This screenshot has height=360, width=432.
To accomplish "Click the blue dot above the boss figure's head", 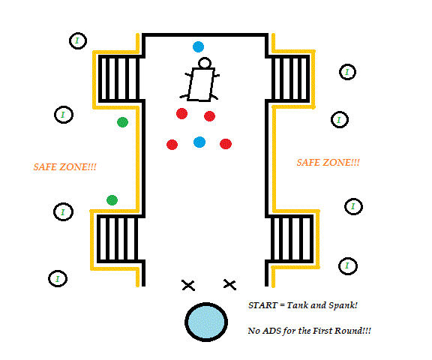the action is click(x=198, y=46).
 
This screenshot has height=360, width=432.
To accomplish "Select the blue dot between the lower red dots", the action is click(x=199, y=142).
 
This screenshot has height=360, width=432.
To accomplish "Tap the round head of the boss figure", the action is click(x=205, y=63).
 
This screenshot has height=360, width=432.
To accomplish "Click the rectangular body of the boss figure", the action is click(x=202, y=85).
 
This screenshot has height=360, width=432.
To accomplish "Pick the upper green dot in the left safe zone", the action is click(x=122, y=122).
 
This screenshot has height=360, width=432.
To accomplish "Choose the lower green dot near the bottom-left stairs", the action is click(x=112, y=200).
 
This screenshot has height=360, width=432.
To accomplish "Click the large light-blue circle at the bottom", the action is click(x=206, y=322).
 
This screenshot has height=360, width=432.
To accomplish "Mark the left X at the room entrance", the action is click(x=188, y=285).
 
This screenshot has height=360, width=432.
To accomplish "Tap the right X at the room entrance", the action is click(x=229, y=284).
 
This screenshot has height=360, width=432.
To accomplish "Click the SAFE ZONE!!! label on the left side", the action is click(x=65, y=167).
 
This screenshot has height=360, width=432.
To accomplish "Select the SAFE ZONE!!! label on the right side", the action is click(x=328, y=163).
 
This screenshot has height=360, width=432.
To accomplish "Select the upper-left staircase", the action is click(x=119, y=79).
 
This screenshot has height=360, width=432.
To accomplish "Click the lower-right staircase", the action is click(x=292, y=238).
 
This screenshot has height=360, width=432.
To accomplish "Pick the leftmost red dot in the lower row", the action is click(x=172, y=145).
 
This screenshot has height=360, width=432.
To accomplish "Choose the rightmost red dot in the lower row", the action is click(x=226, y=144).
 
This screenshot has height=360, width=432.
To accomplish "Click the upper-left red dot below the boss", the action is click(x=181, y=113).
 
